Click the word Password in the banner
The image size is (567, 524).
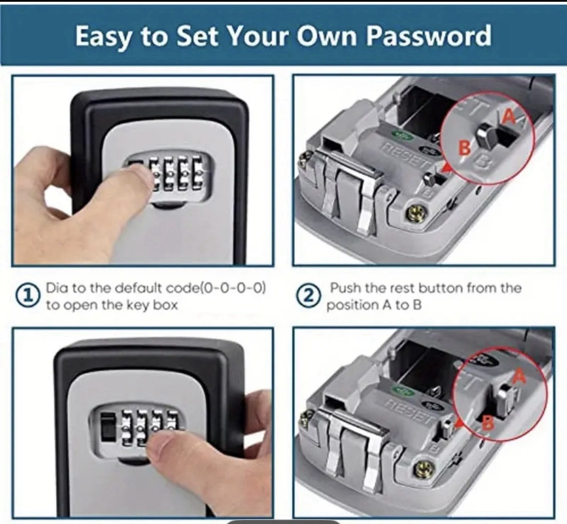point(429,36)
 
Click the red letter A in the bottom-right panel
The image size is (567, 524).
point(519,376)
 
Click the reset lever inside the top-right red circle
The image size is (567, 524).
point(487,135)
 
